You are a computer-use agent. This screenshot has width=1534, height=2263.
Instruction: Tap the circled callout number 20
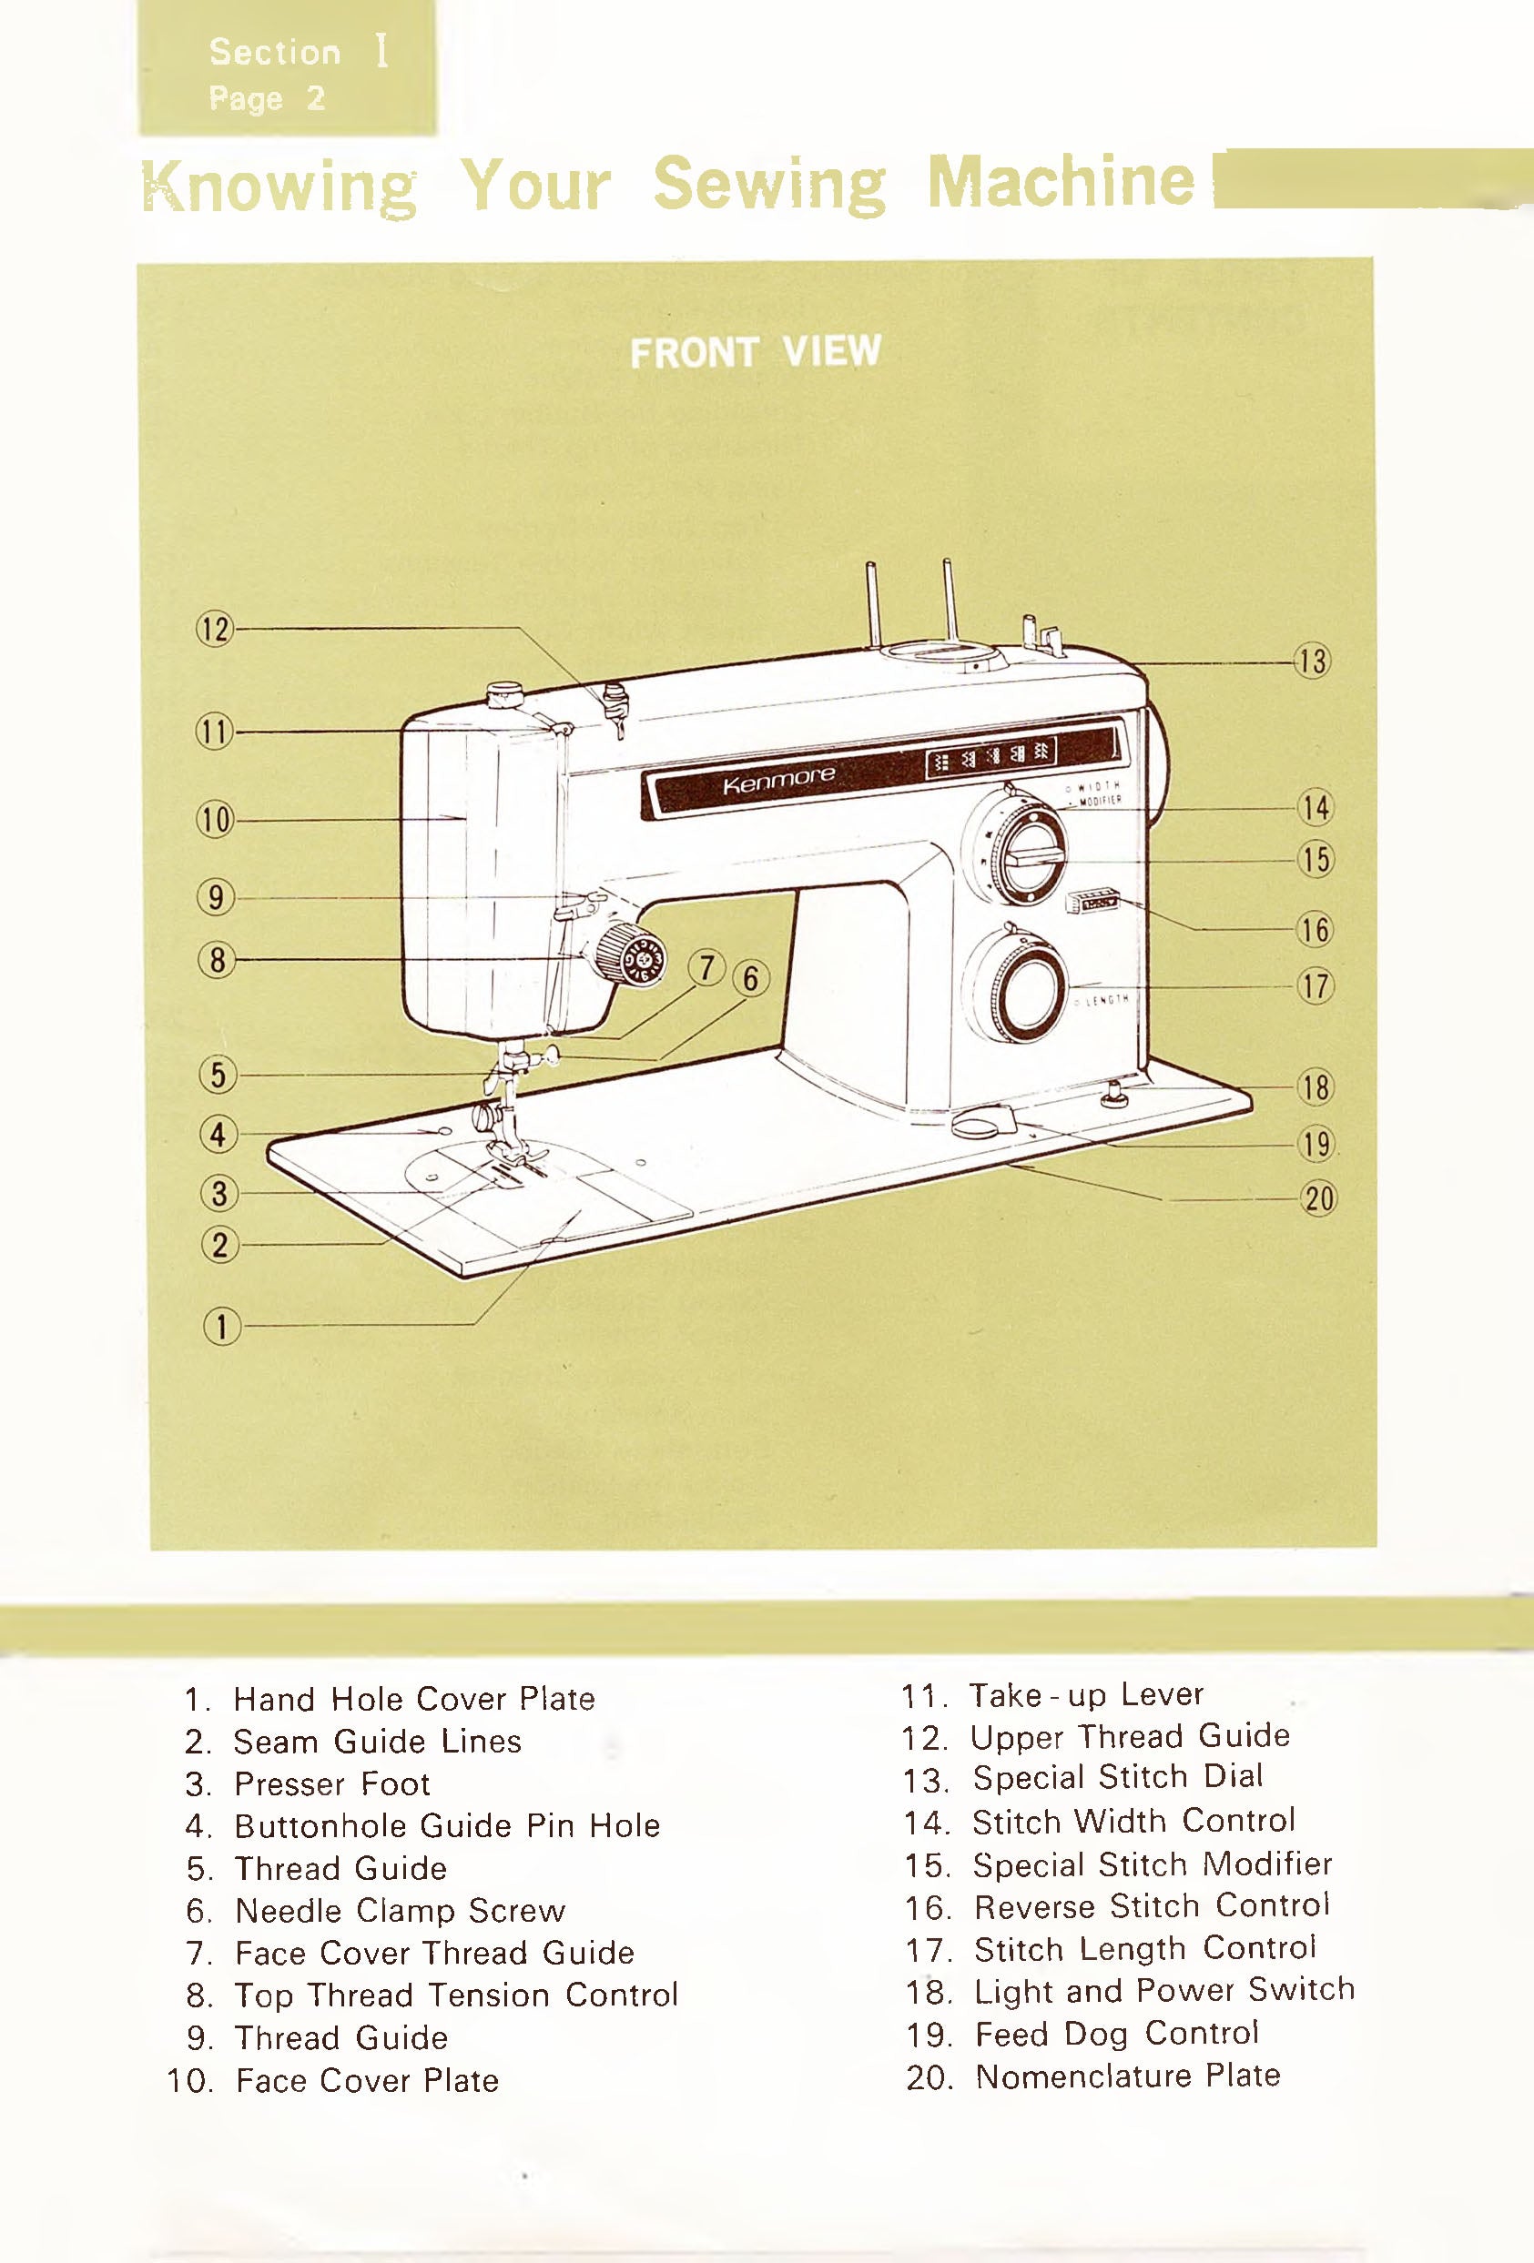pos(1319,1197)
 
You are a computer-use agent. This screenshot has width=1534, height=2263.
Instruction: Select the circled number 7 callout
pos(707,968)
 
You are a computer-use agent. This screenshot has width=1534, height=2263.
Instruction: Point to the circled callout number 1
pos(221,1327)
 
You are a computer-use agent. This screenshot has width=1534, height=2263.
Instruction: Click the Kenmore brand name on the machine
pos(778,778)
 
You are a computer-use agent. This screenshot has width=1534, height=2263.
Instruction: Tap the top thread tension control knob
pos(632,954)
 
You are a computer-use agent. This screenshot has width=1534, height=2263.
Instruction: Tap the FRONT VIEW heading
pos(755,351)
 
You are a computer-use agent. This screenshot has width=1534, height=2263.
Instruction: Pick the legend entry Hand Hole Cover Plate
pos(414,1699)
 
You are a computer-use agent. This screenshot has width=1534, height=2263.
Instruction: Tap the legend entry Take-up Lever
pos(1086,1694)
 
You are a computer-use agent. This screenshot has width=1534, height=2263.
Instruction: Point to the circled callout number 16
pos(1315,930)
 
